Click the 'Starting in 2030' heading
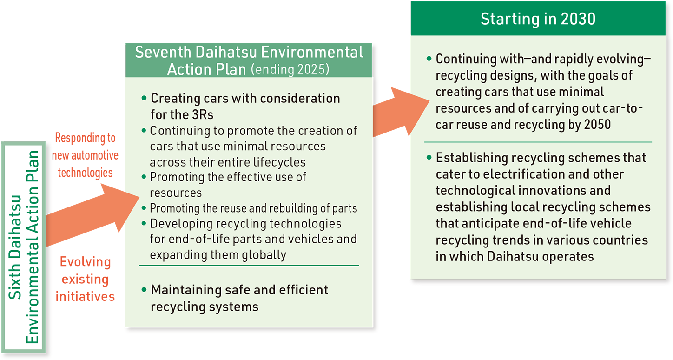(538, 19)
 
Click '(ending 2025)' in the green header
(290, 69)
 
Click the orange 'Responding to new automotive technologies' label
(85, 155)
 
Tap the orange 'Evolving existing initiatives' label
(85, 279)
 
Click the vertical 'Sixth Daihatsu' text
(15, 247)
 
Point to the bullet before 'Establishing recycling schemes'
(429, 157)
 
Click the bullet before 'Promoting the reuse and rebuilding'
(144, 208)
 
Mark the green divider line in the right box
(538, 142)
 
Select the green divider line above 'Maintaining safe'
(249, 266)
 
